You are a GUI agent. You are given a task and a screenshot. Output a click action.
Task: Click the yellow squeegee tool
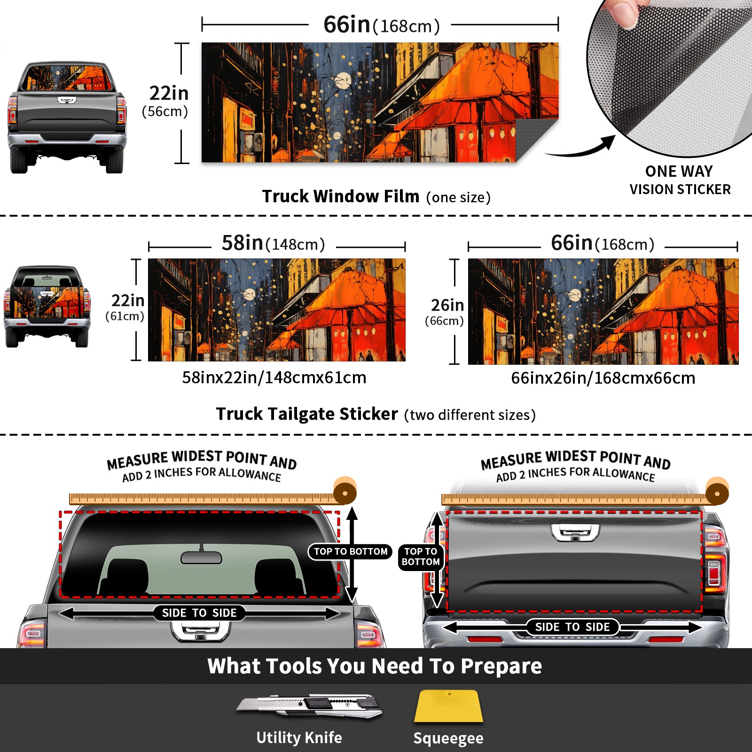(x=448, y=706)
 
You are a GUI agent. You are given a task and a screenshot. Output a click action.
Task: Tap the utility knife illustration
(x=309, y=705)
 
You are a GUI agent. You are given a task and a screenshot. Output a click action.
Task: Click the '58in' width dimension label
(x=242, y=243)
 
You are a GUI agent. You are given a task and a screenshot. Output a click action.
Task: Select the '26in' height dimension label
(x=447, y=305)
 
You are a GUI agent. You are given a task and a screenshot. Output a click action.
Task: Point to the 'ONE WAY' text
(x=679, y=171)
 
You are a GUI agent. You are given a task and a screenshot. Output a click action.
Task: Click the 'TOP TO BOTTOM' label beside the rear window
(x=351, y=551)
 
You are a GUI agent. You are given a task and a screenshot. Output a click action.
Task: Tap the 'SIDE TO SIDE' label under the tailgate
(x=572, y=627)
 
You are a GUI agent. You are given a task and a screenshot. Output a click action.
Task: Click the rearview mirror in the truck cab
(x=201, y=557)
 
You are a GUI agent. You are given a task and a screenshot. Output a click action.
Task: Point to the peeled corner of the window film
(x=536, y=138)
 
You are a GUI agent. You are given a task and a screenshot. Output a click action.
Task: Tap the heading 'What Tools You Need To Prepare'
(x=375, y=666)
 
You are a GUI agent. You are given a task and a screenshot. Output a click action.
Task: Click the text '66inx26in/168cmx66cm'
(x=603, y=378)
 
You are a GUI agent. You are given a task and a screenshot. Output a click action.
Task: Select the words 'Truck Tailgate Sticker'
(x=307, y=414)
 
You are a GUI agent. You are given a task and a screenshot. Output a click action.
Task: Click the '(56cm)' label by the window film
(x=165, y=111)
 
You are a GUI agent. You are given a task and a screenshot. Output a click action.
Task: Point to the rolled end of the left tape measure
(x=345, y=492)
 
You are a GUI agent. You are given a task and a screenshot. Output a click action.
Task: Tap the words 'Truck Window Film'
(x=341, y=196)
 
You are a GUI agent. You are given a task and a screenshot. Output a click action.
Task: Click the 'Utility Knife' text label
(x=299, y=737)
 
